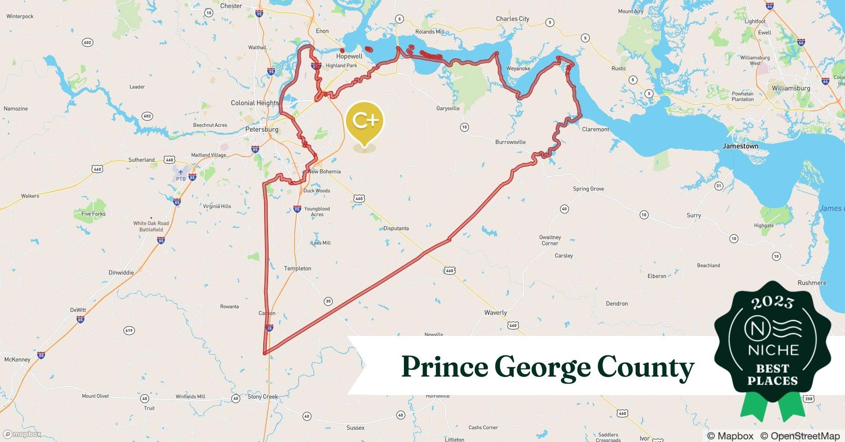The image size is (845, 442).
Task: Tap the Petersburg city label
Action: click(x=262, y=130)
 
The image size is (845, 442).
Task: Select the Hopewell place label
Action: click(x=349, y=56)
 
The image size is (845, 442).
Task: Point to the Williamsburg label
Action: click(x=791, y=88)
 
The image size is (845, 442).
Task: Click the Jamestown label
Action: click(x=740, y=146)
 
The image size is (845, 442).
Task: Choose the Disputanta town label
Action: click(x=396, y=229)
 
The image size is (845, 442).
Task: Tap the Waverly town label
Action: click(x=495, y=312)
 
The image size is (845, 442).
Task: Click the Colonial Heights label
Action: click(x=255, y=103)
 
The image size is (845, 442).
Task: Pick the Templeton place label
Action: click(x=298, y=268)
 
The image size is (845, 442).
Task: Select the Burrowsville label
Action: click(x=511, y=142)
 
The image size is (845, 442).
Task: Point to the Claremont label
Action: click(x=595, y=129)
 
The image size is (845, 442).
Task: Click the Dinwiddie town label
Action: click(x=121, y=272)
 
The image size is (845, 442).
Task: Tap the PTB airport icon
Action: click(x=181, y=172)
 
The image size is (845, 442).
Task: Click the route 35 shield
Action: click(x=328, y=301)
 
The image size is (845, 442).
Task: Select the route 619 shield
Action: click(x=129, y=331)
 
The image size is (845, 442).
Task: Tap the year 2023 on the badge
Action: click(x=772, y=302)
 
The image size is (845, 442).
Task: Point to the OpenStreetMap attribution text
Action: click(x=800, y=436)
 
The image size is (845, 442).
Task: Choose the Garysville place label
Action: click(x=448, y=108)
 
